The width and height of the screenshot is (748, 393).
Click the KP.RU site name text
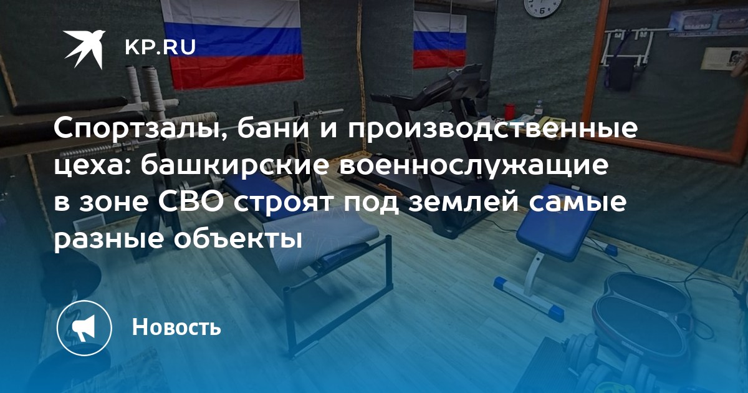[160, 47]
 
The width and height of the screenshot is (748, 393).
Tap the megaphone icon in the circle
[84, 327]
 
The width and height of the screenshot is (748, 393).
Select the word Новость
[176, 327]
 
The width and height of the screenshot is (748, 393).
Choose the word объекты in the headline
[237, 240]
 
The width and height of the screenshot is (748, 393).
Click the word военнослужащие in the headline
[474, 167]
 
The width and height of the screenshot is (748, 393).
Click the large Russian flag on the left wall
[233, 43]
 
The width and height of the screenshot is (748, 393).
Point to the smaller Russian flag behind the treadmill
[440, 39]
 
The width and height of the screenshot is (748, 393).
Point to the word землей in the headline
[464, 202]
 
